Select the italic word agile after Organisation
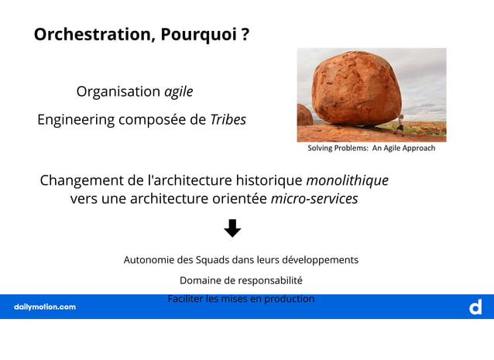tap(178, 92)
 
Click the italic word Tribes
tap(228, 120)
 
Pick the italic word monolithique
tap(347, 180)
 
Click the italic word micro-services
tap(314, 199)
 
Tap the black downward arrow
tap(232, 228)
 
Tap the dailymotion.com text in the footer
tap(45, 307)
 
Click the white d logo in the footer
tap(475, 307)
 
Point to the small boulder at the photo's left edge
tap(304, 116)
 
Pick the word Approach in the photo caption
tap(417, 148)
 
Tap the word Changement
tap(82, 180)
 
